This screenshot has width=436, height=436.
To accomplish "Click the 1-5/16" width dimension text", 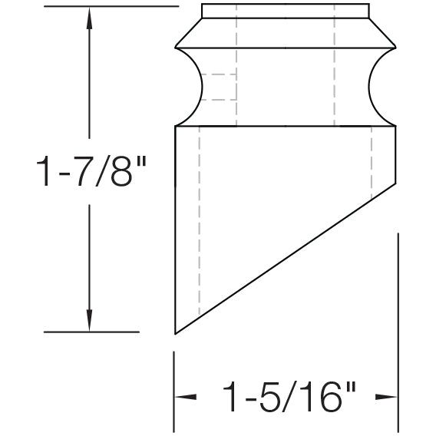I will [289, 398].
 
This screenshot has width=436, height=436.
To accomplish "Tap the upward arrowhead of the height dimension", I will [90, 19].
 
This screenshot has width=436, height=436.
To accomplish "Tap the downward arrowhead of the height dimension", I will [90, 319].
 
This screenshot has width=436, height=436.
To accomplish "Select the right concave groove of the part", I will [379, 87].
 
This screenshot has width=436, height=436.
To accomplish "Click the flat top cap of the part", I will [284, 10].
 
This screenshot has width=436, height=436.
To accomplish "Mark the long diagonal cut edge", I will [288, 259].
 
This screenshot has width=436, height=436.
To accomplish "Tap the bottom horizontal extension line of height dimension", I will [92, 332].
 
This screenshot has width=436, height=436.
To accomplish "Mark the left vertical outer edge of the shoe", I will [177, 230].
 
